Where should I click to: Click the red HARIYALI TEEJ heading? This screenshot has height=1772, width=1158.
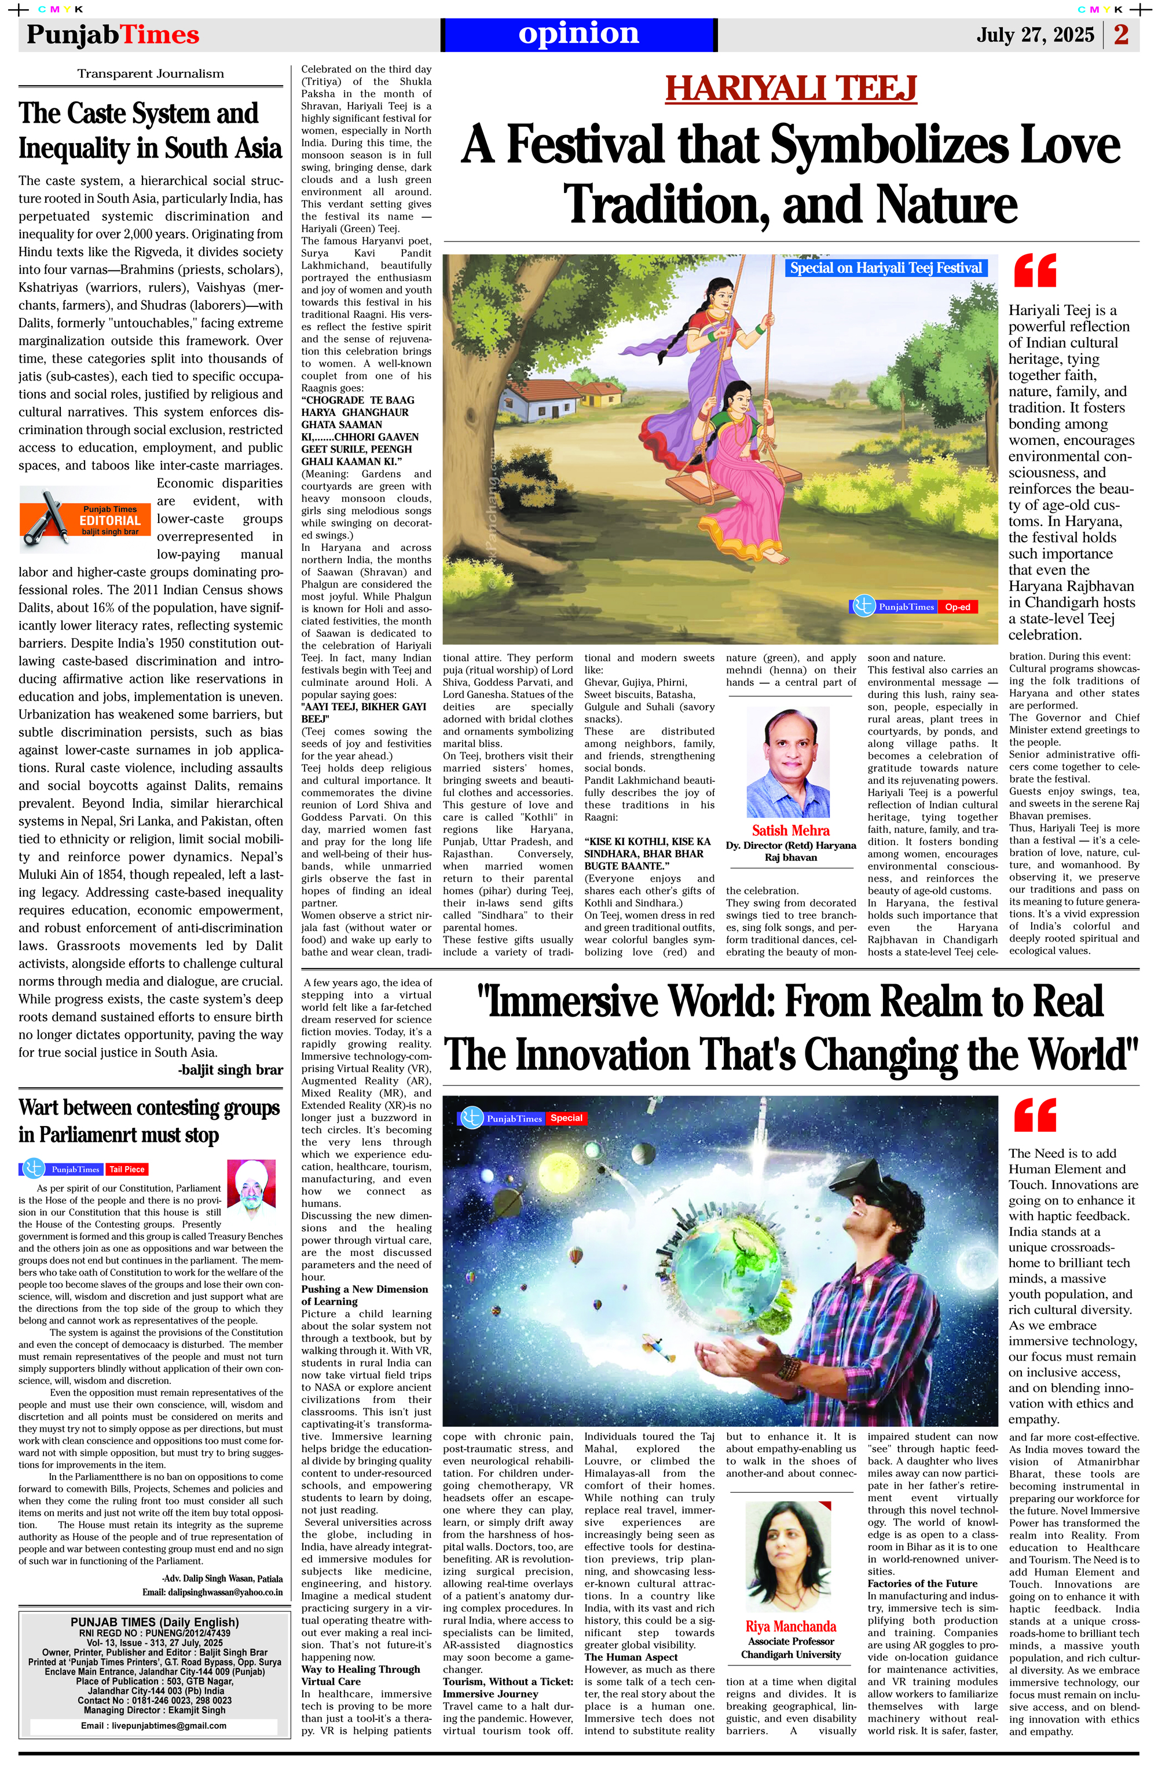pyautogui.click(x=790, y=89)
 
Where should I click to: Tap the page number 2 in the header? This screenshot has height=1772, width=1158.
pyautogui.click(x=1121, y=35)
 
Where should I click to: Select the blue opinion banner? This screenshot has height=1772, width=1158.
pyautogui.click(x=578, y=34)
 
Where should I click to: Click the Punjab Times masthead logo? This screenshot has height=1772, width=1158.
pyautogui.click(x=112, y=35)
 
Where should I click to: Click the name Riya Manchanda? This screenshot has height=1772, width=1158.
pyautogui.click(x=790, y=1627)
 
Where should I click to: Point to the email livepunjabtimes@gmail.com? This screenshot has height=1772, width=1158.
pyautogui.click(x=153, y=1725)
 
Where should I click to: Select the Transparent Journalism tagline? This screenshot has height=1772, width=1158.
pyautogui.click(x=151, y=74)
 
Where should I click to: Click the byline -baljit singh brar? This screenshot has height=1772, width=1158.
pyautogui.click(x=230, y=1070)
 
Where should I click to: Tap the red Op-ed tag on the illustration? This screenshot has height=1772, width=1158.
pyautogui.click(x=958, y=607)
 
